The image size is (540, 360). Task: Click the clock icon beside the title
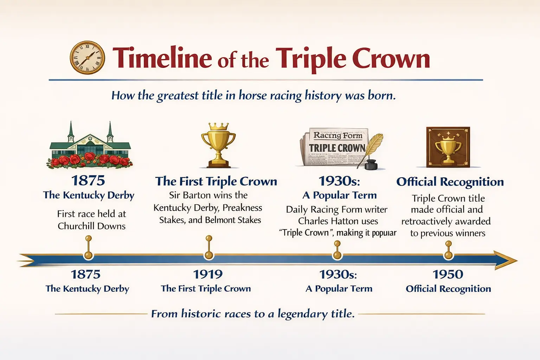click(87, 57)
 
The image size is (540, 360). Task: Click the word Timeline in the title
click(162, 58)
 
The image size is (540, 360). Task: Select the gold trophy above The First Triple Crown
click(218, 145)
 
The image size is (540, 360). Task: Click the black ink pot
click(371, 165)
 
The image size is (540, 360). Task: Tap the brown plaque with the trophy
click(448, 147)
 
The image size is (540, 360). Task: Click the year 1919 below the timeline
click(208, 275)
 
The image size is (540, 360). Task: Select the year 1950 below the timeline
click(448, 275)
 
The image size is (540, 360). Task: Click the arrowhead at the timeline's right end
click(505, 260)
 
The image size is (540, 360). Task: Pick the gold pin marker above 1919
click(209, 247)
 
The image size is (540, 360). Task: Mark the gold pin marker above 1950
click(448, 250)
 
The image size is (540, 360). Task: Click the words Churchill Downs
click(92, 226)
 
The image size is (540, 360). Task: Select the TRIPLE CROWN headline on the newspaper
click(337, 148)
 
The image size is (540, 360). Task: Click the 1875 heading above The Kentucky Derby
click(88, 181)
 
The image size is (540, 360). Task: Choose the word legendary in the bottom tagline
click(303, 314)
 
